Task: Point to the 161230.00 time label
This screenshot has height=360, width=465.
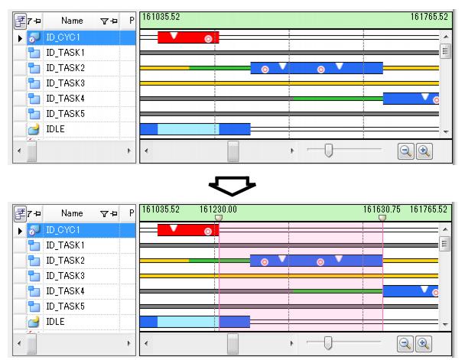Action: (x=219, y=208)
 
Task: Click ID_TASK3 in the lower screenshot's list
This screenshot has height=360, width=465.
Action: (x=66, y=275)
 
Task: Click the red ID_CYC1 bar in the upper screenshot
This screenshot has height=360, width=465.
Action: (x=187, y=37)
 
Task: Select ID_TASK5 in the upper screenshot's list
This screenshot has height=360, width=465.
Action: (x=66, y=113)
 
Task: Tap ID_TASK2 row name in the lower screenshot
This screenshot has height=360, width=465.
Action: (x=66, y=260)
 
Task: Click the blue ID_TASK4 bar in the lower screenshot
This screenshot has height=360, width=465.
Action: (x=410, y=290)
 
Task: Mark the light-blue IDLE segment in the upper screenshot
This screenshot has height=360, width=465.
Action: (x=187, y=128)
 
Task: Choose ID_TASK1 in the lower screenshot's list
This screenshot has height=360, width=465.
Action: (x=66, y=245)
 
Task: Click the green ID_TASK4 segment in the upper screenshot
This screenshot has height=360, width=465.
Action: (x=337, y=98)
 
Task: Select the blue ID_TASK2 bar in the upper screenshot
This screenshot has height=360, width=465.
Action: (x=316, y=68)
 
